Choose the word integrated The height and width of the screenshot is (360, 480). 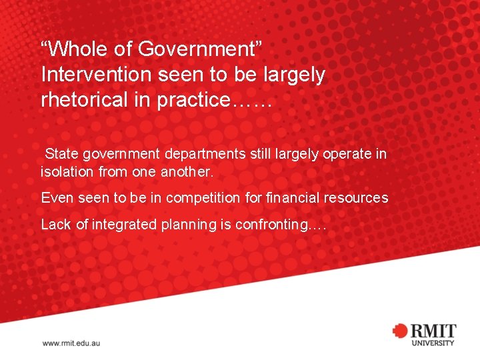click(x=125, y=225)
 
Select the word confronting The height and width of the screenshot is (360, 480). click(x=272, y=225)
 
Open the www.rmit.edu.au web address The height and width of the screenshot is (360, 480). click(x=71, y=343)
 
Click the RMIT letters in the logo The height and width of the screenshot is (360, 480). click(x=433, y=330)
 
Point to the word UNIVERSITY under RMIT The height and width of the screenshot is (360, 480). click(x=433, y=343)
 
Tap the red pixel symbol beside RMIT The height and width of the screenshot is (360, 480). click(x=399, y=331)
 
